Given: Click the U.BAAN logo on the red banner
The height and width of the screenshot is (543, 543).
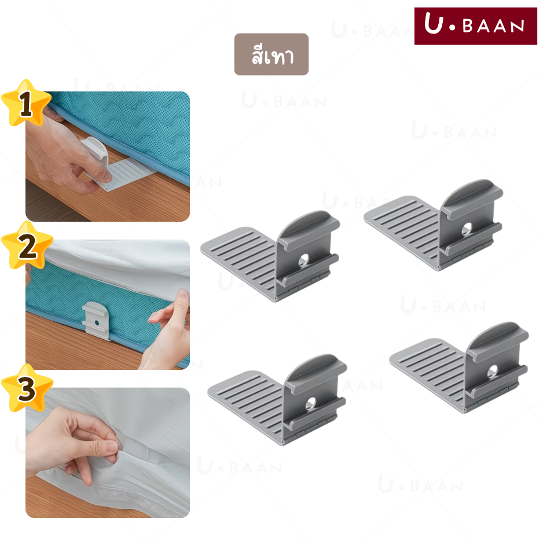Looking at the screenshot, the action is (x=475, y=26).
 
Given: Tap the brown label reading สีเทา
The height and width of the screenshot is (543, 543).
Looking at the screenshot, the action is (x=271, y=54).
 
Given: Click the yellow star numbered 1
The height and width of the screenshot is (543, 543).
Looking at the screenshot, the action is (x=26, y=103).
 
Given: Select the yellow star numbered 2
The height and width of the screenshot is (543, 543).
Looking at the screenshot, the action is (x=27, y=245).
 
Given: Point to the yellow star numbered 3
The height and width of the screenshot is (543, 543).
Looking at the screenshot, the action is (x=27, y=388).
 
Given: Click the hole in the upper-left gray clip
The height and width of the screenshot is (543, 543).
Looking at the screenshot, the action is (x=304, y=261).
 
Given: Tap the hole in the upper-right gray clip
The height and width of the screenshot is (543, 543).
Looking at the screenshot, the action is (x=467, y=229).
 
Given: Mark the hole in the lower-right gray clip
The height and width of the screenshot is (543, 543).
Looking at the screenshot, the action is (x=493, y=372).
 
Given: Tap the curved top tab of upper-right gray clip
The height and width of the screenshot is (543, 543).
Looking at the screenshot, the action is (x=473, y=196).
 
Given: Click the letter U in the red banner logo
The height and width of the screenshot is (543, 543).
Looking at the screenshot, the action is (x=434, y=23).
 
